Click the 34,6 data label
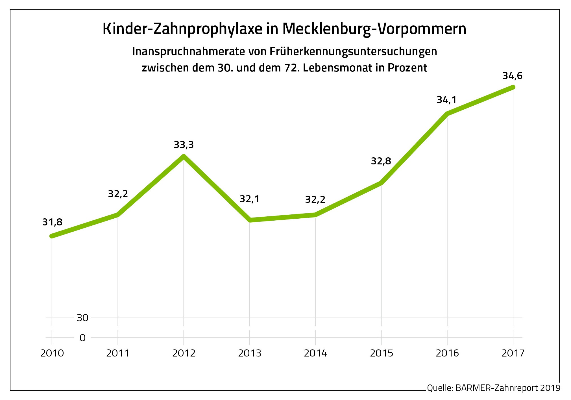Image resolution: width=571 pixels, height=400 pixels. [x=512, y=76]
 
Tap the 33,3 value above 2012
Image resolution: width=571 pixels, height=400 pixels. [x=184, y=145]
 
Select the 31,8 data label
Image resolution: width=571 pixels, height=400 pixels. [x=52, y=222]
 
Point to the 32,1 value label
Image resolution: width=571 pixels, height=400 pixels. [x=249, y=199]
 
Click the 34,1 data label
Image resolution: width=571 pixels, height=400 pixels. [x=446, y=100]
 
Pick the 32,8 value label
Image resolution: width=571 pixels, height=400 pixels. [x=381, y=161]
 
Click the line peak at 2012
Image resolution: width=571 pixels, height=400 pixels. [x=184, y=156]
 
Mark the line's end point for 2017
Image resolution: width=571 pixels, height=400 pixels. [x=513, y=87]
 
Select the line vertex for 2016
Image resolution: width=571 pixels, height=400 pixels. [x=447, y=114]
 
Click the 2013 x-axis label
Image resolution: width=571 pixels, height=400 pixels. [x=250, y=353]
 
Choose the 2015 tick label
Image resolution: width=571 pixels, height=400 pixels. [x=382, y=353]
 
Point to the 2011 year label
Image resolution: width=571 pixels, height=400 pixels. [x=118, y=353]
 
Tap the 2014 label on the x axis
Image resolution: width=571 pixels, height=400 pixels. [x=315, y=353]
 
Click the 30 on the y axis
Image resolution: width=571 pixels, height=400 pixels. [x=82, y=318]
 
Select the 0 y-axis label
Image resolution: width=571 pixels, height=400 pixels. [x=82, y=338]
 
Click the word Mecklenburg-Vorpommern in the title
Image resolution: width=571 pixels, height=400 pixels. [x=374, y=29]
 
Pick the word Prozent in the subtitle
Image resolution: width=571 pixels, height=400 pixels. [x=407, y=68]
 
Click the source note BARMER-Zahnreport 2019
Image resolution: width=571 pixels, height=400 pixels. [x=508, y=388]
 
